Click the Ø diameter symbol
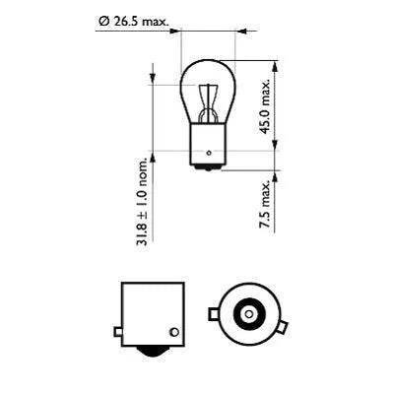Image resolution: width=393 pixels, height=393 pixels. tap(103, 19)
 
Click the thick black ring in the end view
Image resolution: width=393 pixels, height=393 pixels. tap(245, 302)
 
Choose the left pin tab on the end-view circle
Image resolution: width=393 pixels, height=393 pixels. tap(214, 314)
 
